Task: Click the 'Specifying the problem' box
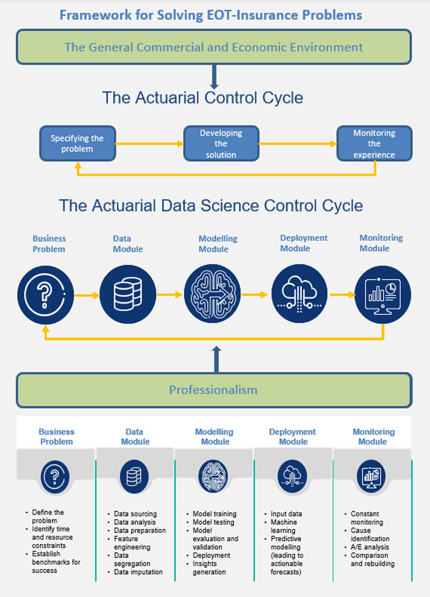pos(77,143)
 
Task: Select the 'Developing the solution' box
pos(221,143)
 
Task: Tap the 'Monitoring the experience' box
pos(374,143)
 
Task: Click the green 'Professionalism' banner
pos(213,390)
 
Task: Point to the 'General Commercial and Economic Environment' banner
pos(213,47)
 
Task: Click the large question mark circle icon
pos(46,295)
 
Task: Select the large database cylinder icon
pos(128,294)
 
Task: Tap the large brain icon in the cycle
pos(213,294)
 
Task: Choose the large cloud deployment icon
pos(299,294)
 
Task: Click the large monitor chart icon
pos(382,295)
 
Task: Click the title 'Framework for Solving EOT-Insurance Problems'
pos(211,14)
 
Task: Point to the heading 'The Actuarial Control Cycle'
pos(202,97)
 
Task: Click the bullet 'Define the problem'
pos(48,516)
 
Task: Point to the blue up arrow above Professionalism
pos(216,360)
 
